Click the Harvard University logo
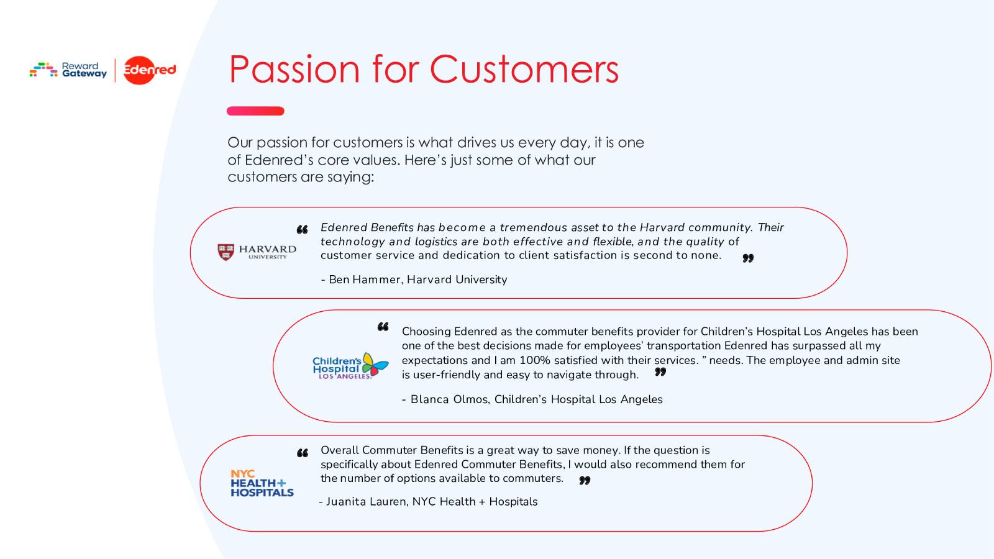coord(257,252)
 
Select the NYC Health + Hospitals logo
coord(262,483)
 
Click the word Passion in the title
coord(294,70)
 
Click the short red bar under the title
coord(255,111)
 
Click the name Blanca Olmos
coord(449,399)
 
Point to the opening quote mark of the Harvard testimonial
coord(302,230)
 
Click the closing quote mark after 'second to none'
coord(748,258)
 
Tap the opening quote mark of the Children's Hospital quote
coord(383,327)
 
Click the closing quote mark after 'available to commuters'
coord(585,481)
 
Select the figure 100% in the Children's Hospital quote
coord(534,360)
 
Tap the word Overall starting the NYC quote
coord(340,450)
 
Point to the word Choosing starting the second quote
coord(426,332)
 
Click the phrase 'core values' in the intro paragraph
coord(358,160)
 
